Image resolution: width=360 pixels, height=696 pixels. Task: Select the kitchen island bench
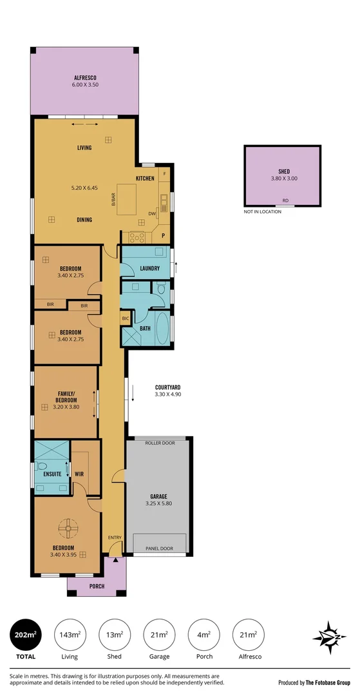pos(127,199)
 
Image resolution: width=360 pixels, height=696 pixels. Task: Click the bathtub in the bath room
pos(163,329)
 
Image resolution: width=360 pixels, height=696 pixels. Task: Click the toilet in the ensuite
pos(42,467)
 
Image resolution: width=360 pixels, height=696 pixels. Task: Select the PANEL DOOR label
pos(159,548)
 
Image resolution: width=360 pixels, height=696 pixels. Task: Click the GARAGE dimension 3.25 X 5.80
pos(158,503)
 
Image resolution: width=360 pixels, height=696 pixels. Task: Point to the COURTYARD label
pos(168,387)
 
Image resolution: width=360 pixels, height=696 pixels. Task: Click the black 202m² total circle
pos(26,635)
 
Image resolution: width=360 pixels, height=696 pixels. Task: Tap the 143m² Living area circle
pos(70,635)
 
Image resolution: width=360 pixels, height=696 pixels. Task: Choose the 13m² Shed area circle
pos(115,635)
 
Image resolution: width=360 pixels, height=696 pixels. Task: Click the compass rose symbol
pos(329,638)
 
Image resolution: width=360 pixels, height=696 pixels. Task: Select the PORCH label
pos(97,586)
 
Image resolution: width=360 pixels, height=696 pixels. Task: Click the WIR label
pos(79,474)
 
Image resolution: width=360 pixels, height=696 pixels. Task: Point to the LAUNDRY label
pos(149,268)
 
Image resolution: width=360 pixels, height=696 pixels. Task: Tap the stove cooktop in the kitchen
pos(137,237)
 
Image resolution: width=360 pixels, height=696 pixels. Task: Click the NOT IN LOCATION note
pos(263,212)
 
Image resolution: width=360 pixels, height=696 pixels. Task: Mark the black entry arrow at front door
pos(116,560)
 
